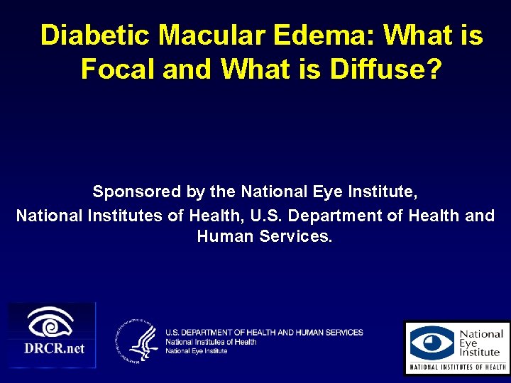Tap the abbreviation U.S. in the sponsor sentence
tap(287, 215)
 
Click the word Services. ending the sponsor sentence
tap(295, 236)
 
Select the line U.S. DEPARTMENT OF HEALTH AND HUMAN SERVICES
tap(264, 333)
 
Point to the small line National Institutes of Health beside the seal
tap(211, 342)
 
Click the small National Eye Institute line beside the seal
tap(197, 350)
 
